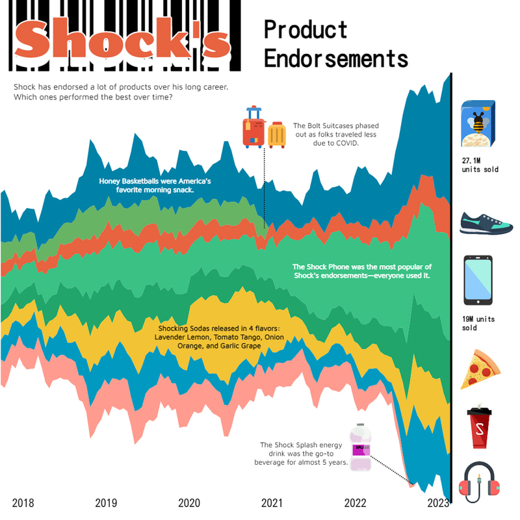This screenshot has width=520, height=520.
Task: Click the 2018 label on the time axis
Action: click(x=23, y=502)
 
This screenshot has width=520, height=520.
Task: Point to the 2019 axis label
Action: click(x=106, y=502)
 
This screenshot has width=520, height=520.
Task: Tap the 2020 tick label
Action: click(x=189, y=502)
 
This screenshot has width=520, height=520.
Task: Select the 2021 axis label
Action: click(x=272, y=502)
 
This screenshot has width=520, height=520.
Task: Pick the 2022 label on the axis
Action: click(x=355, y=502)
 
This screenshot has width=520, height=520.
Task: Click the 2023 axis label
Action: click(x=438, y=502)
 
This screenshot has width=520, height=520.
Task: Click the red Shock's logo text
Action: click(x=122, y=41)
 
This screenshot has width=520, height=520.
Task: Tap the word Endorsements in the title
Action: click(x=335, y=58)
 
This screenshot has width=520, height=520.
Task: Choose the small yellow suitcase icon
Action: click(x=278, y=135)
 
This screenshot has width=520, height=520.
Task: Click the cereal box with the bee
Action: click(x=478, y=123)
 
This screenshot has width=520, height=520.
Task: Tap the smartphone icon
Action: click(x=478, y=280)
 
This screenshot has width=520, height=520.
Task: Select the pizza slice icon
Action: click(x=480, y=369)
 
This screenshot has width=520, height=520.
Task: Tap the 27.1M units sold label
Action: click(x=480, y=164)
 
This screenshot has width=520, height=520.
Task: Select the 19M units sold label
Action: click(x=479, y=324)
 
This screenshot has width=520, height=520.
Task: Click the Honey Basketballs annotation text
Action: click(x=155, y=185)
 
